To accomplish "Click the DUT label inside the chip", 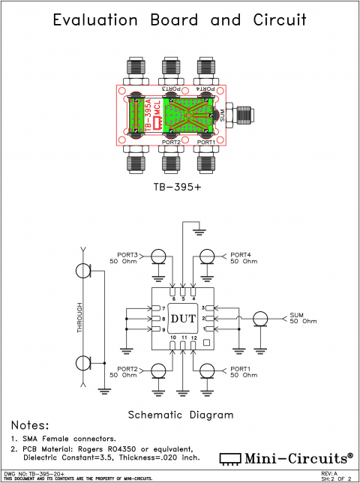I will pos(184,319).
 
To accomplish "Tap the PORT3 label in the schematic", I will pos(123,253).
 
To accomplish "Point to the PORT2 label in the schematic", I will pos(123,368).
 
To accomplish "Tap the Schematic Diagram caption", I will pos(181,414).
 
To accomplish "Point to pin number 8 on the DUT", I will pos(163,319).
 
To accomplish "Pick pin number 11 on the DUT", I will pos(184,339).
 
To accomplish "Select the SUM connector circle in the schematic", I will pos(260,319).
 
